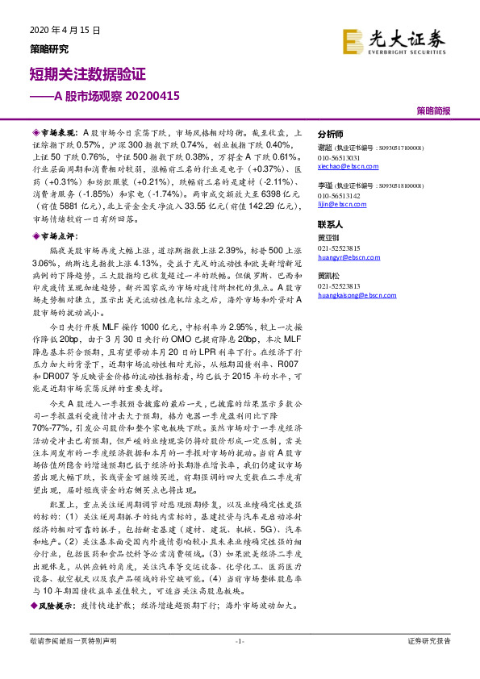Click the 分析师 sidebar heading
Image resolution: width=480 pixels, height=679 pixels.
click(x=331, y=135)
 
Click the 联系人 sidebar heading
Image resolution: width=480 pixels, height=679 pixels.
click(x=331, y=224)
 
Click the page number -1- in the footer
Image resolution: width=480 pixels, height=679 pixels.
click(x=239, y=641)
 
